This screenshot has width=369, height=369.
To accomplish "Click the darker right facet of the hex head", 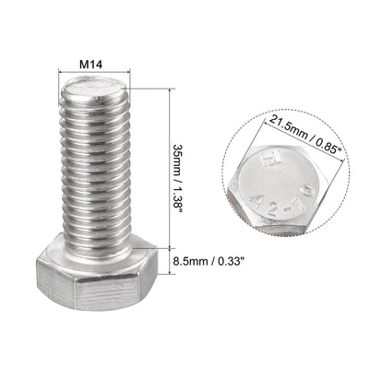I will [138, 274].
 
